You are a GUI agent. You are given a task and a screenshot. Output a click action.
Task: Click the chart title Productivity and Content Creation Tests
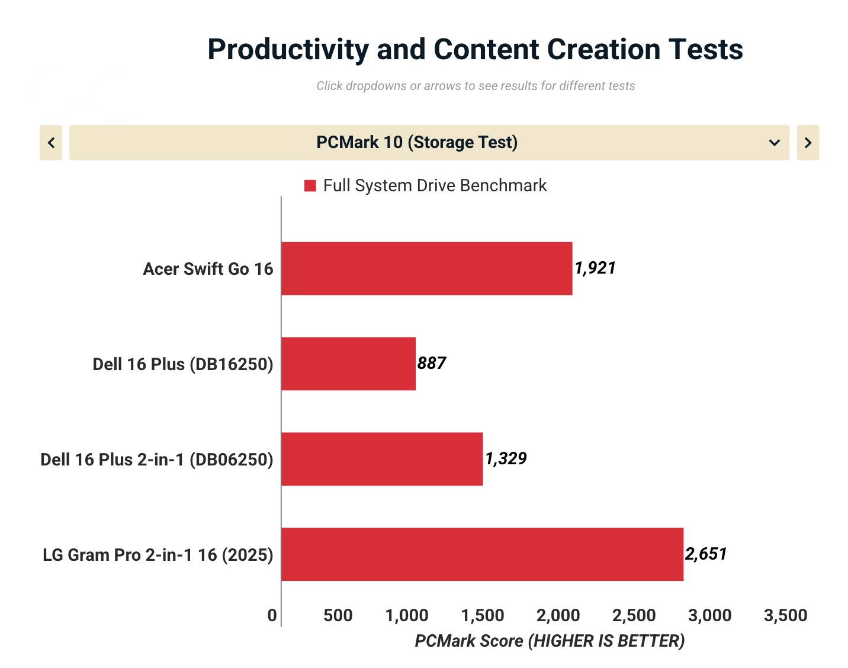tap(475, 49)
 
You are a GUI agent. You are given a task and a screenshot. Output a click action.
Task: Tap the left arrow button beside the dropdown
tap(51, 143)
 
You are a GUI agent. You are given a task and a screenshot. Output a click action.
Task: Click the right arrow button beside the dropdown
tap(808, 143)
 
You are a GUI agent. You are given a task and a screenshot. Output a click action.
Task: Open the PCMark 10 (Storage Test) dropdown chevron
tap(774, 143)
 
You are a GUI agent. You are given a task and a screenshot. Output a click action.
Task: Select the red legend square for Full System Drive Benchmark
tap(310, 186)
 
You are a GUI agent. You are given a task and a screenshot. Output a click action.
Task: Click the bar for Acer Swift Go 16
tap(426, 268)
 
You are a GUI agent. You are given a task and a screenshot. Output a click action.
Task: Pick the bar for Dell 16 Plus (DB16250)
tap(348, 364)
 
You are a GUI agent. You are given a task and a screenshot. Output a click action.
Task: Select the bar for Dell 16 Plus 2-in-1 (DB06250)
tap(382, 459)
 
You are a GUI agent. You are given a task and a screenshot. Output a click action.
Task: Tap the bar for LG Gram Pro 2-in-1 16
tap(482, 554)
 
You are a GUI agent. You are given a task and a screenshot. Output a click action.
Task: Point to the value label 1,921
tap(595, 268)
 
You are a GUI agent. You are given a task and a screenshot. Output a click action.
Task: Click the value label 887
tap(432, 363)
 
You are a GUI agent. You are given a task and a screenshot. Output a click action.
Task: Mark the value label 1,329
tap(506, 458)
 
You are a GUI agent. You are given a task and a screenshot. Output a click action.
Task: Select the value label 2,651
tap(706, 554)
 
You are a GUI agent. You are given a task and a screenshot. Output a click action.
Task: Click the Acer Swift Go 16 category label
tap(208, 269)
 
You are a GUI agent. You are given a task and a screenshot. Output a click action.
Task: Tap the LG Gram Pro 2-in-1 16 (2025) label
tap(158, 555)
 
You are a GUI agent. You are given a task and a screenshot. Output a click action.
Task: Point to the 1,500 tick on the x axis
tap(483, 615)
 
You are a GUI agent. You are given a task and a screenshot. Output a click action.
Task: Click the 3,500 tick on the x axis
tap(785, 615)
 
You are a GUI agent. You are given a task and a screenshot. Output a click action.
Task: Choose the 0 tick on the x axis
tap(272, 615)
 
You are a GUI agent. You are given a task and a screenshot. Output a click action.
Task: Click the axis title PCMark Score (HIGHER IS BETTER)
tap(550, 641)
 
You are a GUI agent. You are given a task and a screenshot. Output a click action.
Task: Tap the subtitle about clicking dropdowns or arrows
tap(476, 86)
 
